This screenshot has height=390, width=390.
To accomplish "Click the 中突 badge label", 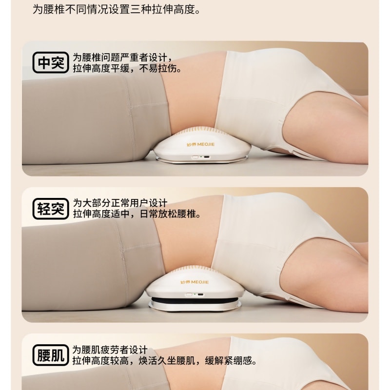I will (x=51, y=63).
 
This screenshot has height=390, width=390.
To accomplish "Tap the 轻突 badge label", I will (x=51, y=209).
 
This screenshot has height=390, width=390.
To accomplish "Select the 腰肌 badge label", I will (x=51, y=355).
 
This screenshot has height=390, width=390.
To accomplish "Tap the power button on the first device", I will (x=195, y=157).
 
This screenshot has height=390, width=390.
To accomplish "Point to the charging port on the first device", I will (x=207, y=157).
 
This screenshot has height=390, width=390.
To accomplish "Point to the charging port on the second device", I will (x=200, y=294).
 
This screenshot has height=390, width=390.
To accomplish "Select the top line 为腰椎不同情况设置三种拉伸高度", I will (x=116, y=9).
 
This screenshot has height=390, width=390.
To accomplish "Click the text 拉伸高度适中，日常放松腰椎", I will (x=136, y=214).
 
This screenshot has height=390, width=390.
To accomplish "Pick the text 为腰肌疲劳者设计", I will (x=110, y=350).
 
